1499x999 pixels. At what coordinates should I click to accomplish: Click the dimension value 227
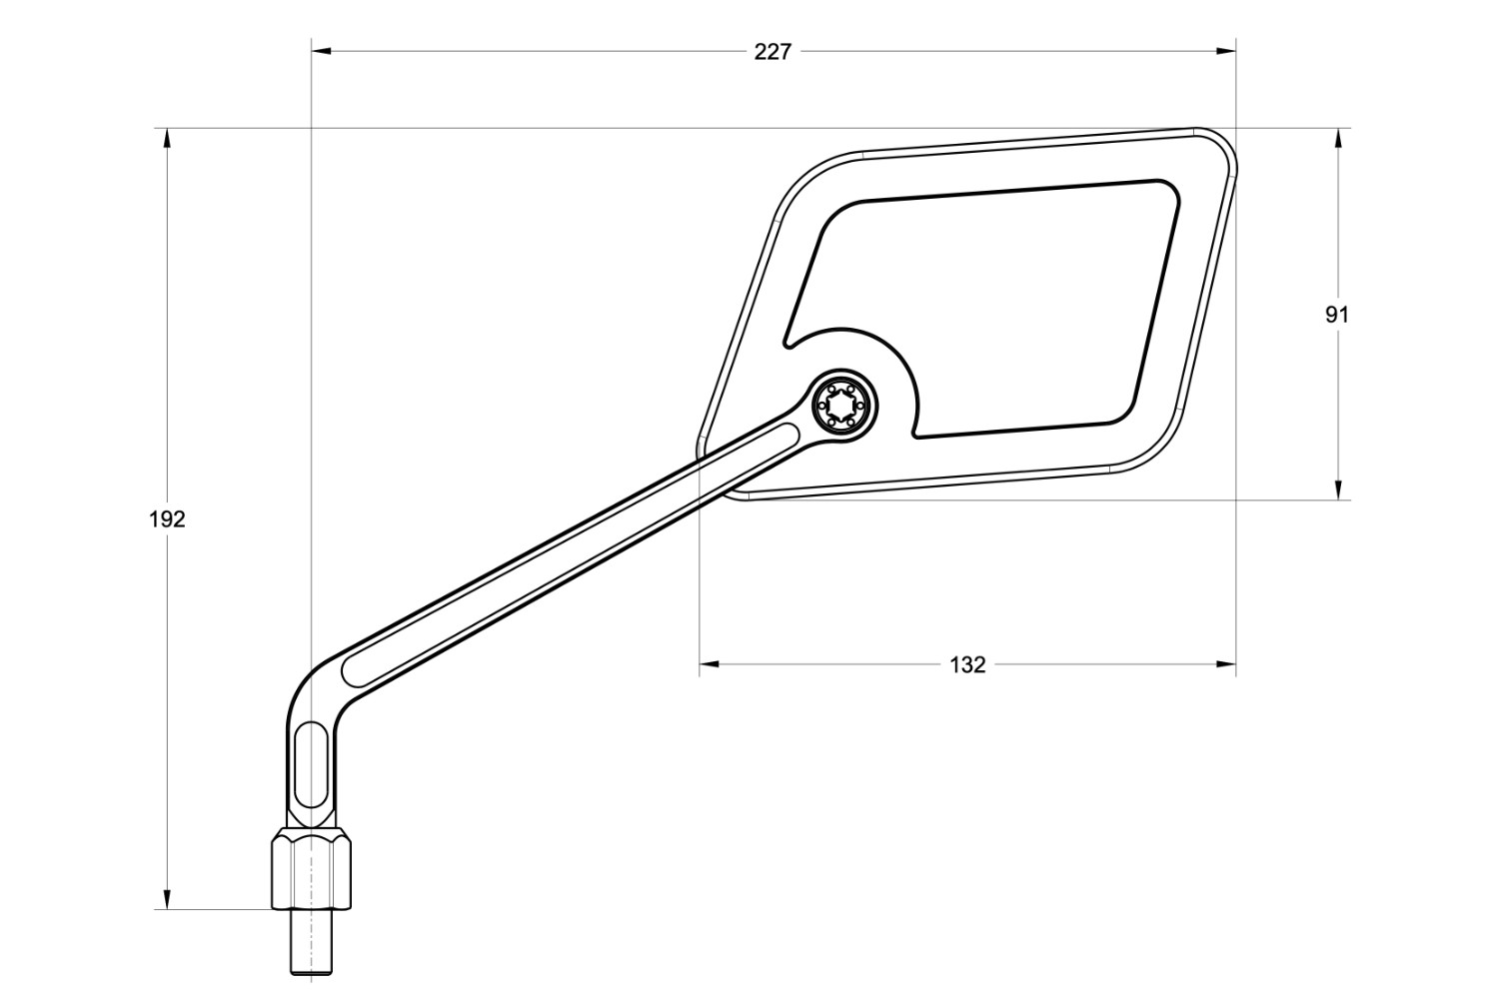[x=771, y=52]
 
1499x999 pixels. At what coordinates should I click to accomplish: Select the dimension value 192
[x=167, y=519]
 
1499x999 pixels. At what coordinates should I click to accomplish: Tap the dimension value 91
[x=1337, y=315]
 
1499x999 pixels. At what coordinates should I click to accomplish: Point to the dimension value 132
[x=966, y=664]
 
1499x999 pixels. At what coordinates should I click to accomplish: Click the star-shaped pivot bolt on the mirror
[x=844, y=405]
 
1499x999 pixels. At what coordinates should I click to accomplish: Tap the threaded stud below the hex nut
[x=312, y=943]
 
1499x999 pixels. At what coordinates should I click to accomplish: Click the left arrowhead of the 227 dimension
[x=321, y=51]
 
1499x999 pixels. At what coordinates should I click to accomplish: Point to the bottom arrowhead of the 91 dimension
[x=1337, y=491]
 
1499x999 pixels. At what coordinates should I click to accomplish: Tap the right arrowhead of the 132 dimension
[x=1227, y=663]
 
